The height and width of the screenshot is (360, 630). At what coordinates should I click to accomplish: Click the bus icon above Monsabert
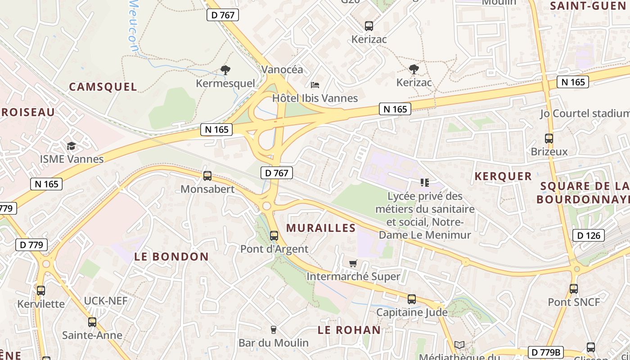(207, 176)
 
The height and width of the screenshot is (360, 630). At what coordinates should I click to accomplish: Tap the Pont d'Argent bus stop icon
(274, 236)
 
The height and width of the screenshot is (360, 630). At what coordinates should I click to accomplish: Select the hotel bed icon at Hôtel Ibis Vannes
(315, 85)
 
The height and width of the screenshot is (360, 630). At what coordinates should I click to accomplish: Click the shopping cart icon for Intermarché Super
(353, 263)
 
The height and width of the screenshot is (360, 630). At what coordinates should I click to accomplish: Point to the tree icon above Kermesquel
(225, 70)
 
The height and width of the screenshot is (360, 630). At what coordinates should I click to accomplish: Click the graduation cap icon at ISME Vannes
(72, 146)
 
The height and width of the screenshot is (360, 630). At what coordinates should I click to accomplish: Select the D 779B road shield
(546, 352)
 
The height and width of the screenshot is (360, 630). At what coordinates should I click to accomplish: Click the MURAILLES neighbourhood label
(321, 228)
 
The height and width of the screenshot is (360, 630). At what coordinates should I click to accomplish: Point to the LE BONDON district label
(171, 257)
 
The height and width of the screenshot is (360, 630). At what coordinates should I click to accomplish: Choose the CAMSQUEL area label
(103, 87)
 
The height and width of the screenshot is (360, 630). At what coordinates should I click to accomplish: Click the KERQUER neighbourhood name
(503, 176)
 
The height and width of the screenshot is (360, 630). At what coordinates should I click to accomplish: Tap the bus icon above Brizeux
(549, 139)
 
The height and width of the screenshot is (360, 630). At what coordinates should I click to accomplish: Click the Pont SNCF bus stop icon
(574, 289)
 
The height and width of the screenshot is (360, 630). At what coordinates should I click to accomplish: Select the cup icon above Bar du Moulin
(273, 330)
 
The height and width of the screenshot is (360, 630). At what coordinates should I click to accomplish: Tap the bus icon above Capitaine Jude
(412, 299)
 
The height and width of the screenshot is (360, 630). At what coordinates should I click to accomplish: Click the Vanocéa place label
(282, 70)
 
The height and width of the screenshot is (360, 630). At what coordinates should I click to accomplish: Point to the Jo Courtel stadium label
(584, 113)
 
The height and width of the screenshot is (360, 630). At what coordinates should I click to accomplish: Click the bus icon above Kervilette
(41, 291)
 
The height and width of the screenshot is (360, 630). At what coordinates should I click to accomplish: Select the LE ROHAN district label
(349, 330)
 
